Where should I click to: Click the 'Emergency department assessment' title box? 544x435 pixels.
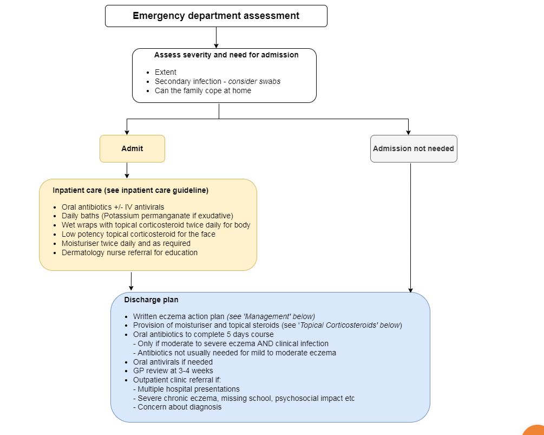point(216,16)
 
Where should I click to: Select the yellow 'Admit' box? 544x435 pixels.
point(132,148)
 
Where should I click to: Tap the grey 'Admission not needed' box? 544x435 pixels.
point(414,148)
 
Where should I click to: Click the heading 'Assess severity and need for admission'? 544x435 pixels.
point(226,55)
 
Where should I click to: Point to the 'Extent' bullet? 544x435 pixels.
point(166,72)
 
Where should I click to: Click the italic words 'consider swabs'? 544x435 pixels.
point(254,81)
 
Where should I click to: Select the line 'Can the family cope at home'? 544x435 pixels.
point(203,90)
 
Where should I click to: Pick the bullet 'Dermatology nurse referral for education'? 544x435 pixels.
point(129,253)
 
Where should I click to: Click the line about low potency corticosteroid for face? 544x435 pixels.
point(139,235)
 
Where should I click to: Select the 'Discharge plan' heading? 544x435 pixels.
point(151,300)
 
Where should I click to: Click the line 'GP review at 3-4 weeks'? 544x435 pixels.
point(173,371)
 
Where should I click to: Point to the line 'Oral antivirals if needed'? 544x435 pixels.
point(173,362)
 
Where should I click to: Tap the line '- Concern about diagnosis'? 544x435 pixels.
point(178,407)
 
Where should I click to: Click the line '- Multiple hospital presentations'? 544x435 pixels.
point(186,389)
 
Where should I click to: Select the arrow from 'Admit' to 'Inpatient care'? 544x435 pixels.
point(127,171)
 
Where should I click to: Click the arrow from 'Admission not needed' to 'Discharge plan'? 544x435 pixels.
point(411,228)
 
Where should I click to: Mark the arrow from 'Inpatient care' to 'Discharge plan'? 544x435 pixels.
point(131,281)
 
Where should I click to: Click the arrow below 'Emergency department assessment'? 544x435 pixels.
point(216,37)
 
